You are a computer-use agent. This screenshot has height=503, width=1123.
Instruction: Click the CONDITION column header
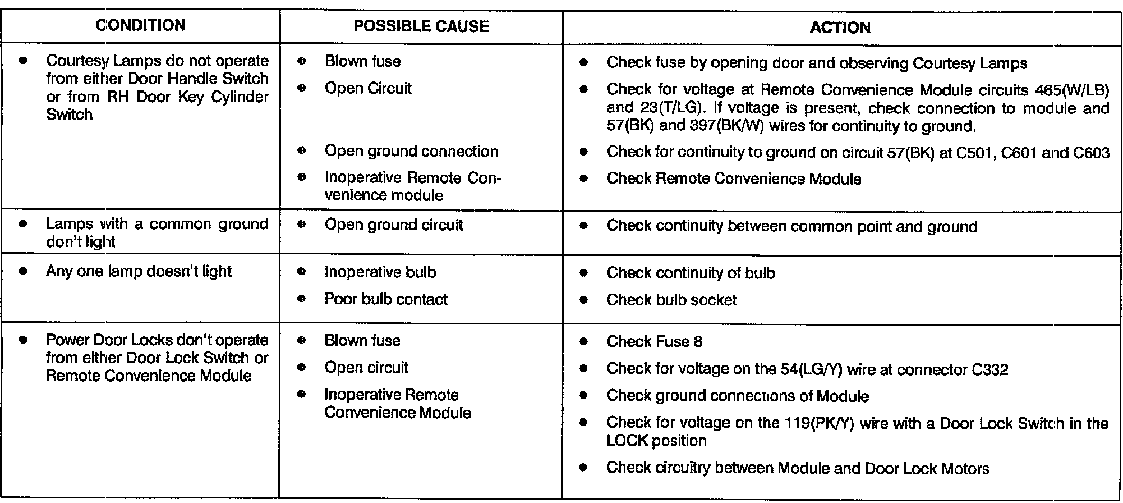pos(140,25)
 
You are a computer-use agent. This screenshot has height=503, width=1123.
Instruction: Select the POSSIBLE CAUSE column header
pos(421,26)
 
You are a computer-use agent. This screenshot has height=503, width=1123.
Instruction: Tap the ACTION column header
pos(840,28)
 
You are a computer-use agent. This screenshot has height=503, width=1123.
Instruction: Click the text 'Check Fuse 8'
pos(654,341)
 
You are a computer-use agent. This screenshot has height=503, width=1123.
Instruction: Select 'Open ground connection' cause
pos(411,151)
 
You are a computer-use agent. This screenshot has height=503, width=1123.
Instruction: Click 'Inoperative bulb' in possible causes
pos(380,272)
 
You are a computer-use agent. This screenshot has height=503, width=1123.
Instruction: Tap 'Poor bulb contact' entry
pos(386,299)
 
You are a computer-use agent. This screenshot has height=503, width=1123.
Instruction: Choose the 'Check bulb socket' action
pos(671,300)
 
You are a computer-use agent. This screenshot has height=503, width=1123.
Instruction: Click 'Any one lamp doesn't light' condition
pos(139,271)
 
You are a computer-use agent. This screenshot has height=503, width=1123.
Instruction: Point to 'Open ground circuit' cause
pos(393,225)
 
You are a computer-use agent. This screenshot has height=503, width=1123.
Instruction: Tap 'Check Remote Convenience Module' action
pos(734,179)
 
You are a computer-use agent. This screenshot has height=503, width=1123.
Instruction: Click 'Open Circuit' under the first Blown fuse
pos(368,88)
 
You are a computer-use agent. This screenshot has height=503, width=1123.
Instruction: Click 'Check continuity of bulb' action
pos(691,273)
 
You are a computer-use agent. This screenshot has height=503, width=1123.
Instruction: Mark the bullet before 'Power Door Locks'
pos(23,340)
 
